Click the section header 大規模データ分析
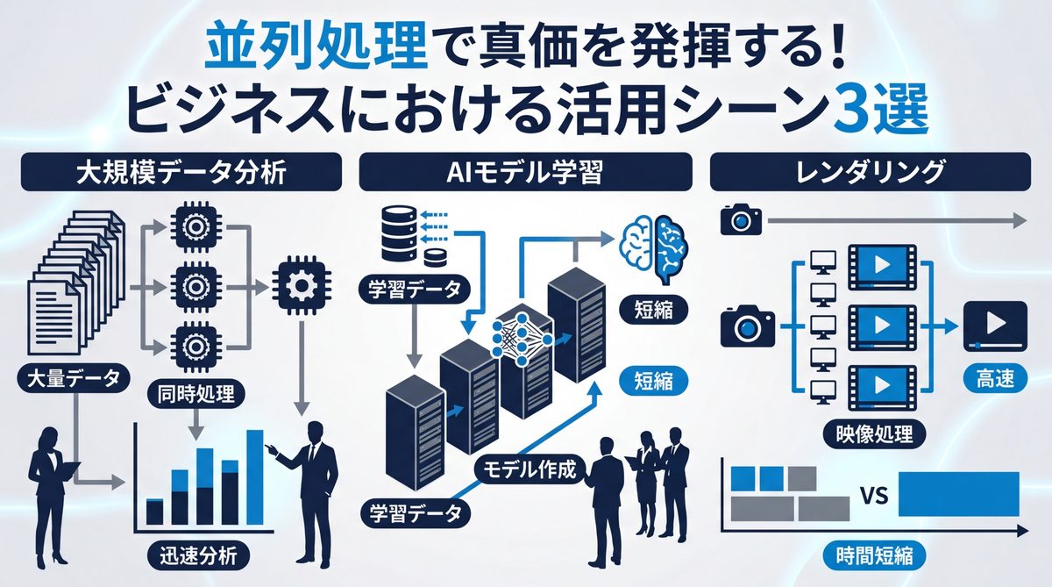[180, 172]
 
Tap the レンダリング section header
[870, 172]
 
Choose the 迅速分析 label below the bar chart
[198, 555]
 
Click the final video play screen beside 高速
[994, 324]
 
